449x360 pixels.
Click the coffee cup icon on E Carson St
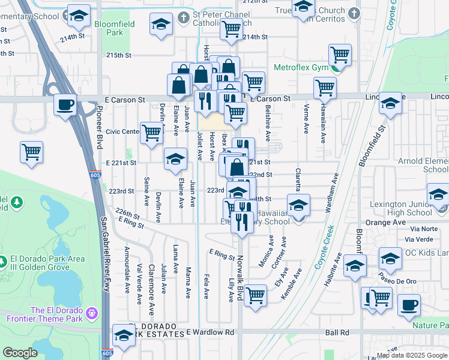[65, 104]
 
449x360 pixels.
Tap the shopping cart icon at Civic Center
[152, 132]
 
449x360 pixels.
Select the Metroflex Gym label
[301, 67]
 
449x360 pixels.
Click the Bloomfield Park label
[114, 28]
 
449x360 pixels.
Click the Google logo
[20, 353]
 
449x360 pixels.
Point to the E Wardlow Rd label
[210, 332]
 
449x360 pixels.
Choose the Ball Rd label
[337, 332]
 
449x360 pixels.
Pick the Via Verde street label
[421, 239]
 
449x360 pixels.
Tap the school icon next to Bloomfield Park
[160, 25]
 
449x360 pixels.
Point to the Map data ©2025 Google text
[411, 355]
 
